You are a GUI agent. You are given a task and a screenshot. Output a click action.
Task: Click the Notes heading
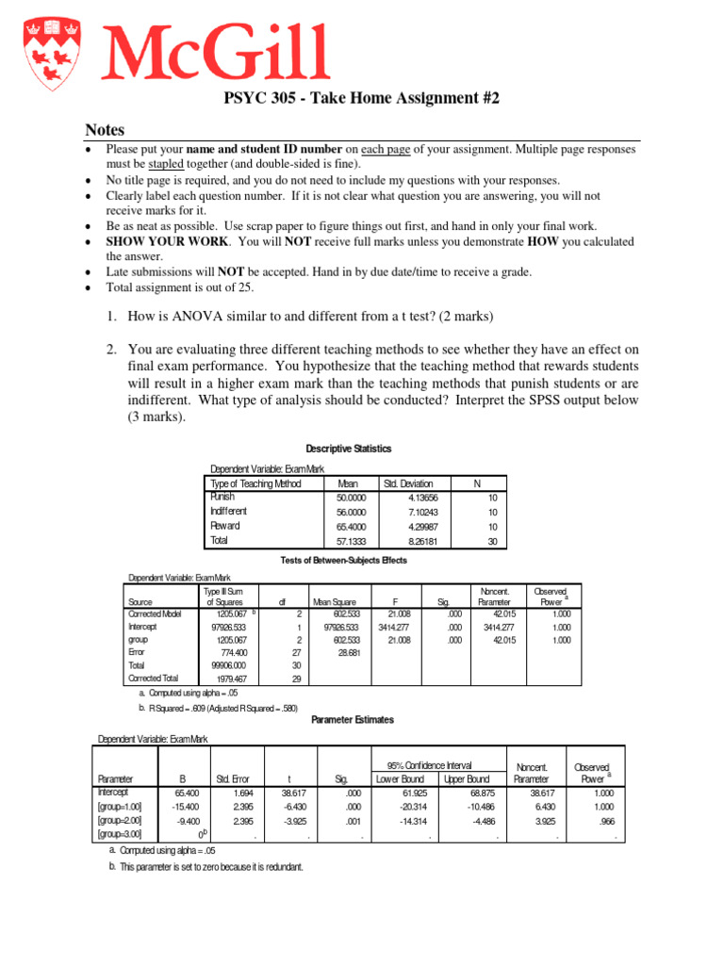tap(105, 130)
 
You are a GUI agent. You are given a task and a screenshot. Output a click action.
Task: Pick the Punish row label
tap(223, 497)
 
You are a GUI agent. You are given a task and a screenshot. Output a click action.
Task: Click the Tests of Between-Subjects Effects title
tap(344, 561)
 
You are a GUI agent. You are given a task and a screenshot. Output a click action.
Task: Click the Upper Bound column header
tap(466, 779)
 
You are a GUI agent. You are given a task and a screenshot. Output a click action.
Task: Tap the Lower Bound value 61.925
tap(396, 793)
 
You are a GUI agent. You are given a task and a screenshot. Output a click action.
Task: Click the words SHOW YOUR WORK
tap(152, 242)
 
